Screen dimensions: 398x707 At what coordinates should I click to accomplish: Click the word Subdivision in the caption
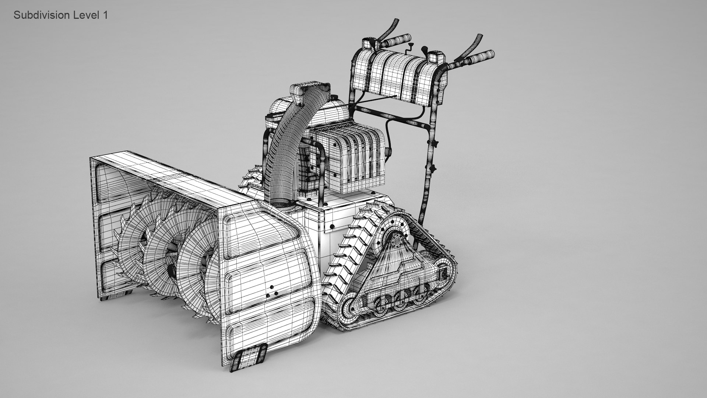click(42, 15)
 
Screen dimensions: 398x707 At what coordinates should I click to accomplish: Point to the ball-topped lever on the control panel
click(424, 49)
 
